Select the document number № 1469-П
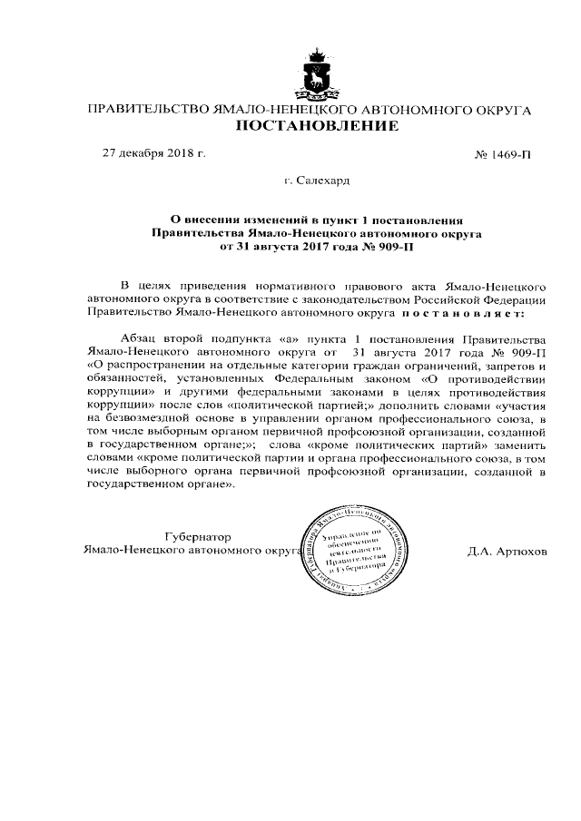[x=503, y=155]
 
